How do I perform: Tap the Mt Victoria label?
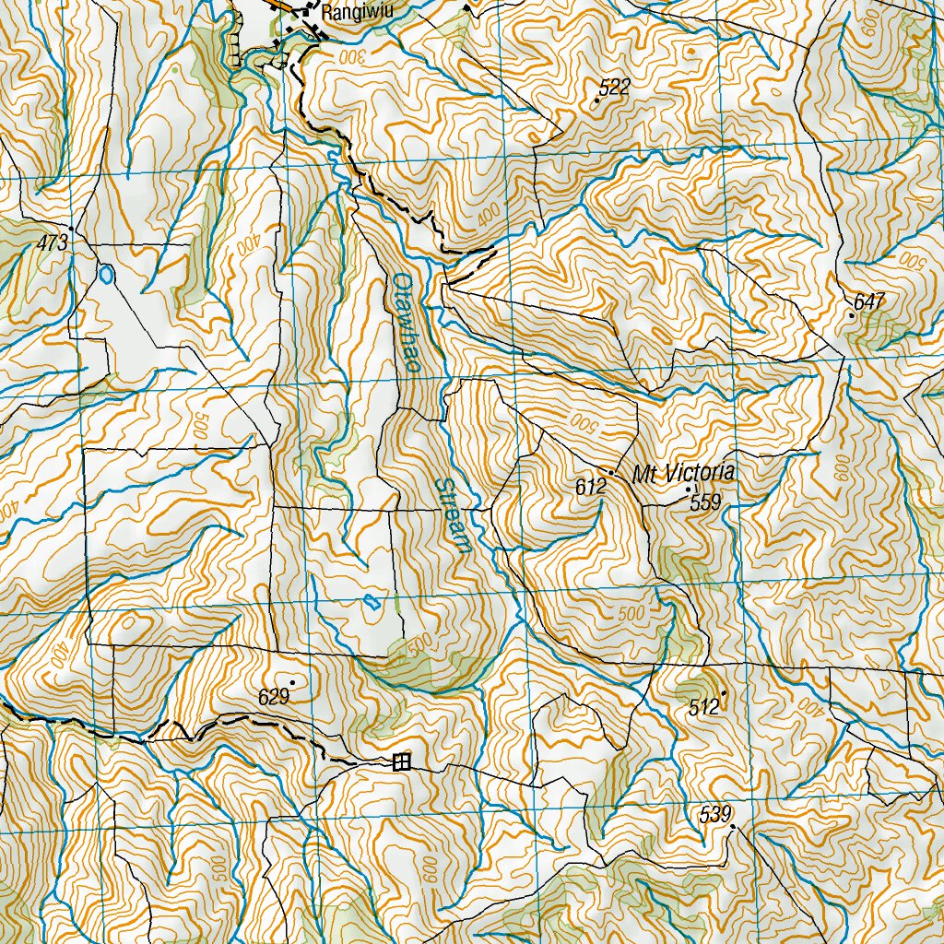coord(683,474)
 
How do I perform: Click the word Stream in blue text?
coord(453,514)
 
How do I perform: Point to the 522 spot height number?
coord(614,88)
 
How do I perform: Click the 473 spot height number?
coord(53,243)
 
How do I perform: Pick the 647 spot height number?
coord(868,301)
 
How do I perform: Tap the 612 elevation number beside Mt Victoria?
coord(590,488)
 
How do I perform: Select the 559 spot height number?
coord(705,503)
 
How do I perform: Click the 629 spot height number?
coord(275,697)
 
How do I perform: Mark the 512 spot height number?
coord(704,708)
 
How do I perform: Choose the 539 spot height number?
coord(715,814)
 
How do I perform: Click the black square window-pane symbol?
coord(401,761)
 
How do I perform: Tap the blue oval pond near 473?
coord(106,274)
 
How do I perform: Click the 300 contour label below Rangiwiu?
coord(350,56)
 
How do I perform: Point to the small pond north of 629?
coord(371,603)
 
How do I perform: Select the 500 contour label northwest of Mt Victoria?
coord(584,424)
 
